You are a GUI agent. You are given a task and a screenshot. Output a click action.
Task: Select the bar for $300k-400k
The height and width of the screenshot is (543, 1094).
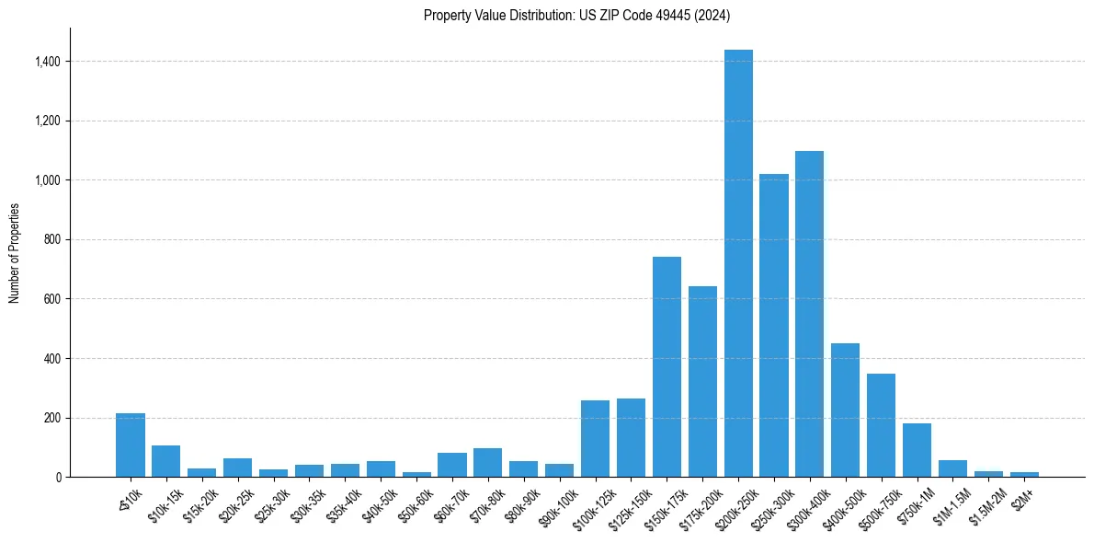(x=810, y=314)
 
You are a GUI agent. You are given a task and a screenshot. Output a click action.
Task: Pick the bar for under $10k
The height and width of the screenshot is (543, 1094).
(x=131, y=445)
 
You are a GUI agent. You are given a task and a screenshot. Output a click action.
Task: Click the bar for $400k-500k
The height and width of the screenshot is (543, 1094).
(x=845, y=410)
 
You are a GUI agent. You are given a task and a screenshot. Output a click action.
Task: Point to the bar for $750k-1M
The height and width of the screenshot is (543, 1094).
(x=917, y=450)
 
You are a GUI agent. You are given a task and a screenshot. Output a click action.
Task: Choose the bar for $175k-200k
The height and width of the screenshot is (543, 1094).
(x=702, y=381)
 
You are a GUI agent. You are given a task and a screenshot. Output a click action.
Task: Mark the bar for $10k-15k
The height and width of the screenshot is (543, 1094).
(x=166, y=461)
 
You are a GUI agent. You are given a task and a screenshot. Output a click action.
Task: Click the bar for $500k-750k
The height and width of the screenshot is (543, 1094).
(x=881, y=425)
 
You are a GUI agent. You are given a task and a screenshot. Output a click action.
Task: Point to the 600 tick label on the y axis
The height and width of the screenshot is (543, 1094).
(x=52, y=299)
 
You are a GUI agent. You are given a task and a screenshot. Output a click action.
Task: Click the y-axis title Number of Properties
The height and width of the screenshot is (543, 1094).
(x=14, y=253)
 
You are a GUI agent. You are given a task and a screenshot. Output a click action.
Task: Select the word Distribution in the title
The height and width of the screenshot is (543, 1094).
(x=526, y=15)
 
